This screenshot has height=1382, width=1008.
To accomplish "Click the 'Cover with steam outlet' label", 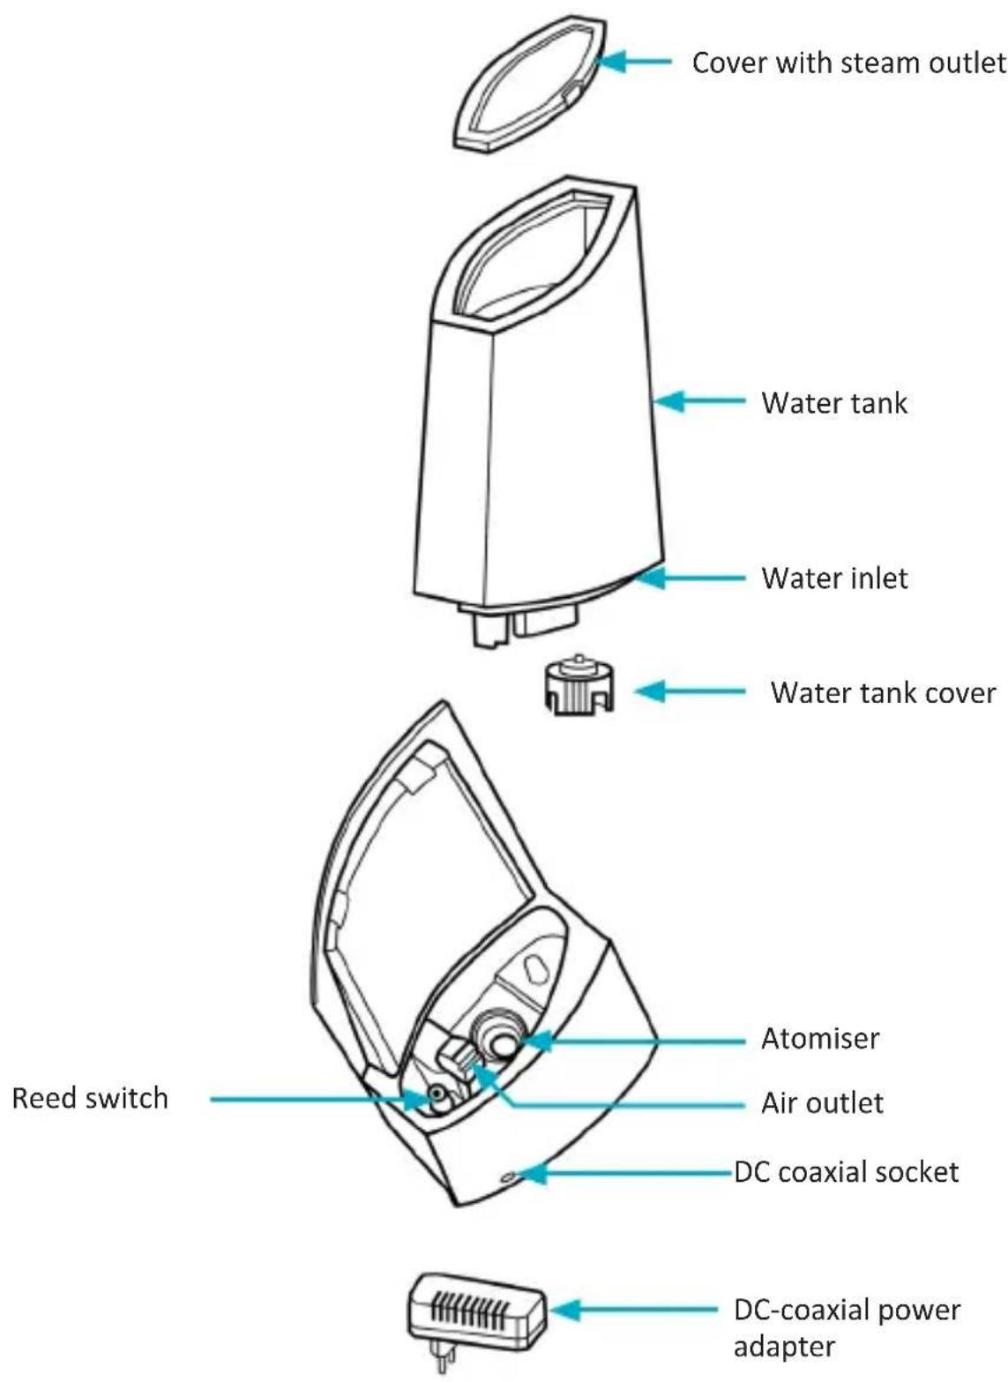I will pos(847,63).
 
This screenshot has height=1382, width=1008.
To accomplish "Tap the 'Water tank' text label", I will pos(833,403).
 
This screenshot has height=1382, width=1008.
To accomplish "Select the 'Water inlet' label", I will pos(834,579).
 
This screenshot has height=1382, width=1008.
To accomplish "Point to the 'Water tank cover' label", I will pos(883,692).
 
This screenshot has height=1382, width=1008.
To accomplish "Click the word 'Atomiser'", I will pos(819,1039).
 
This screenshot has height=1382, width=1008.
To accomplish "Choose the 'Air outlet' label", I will pos(822,1103).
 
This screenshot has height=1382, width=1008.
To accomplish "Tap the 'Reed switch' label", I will pos(90,1099).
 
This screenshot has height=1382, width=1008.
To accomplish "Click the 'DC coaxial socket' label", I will pos(846,1172).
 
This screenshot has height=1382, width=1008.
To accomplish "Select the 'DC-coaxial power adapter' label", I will pos(846,1328).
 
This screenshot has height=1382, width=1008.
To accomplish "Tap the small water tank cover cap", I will pos(578,686).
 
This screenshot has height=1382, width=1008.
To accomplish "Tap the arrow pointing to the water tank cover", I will pos(688,691).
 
